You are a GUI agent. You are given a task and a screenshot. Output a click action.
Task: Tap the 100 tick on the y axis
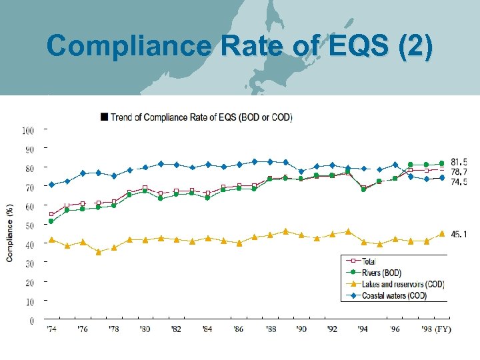pyautogui.click(x=28, y=130)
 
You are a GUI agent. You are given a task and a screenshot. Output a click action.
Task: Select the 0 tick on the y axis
pyautogui.click(x=31, y=321)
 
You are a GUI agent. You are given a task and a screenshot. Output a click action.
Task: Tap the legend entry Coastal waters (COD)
pyautogui.click(x=394, y=295)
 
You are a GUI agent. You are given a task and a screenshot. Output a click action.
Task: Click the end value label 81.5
pyautogui.click(x=459, y=162)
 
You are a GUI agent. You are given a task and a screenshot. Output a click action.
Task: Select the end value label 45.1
pyautogui.click(x=459, y=234)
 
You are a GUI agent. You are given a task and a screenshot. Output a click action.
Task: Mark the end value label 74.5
pyautogui.click(x=459, y=181)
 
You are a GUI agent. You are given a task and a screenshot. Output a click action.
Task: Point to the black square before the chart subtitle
pyautogui.click(x=103, y=117)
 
